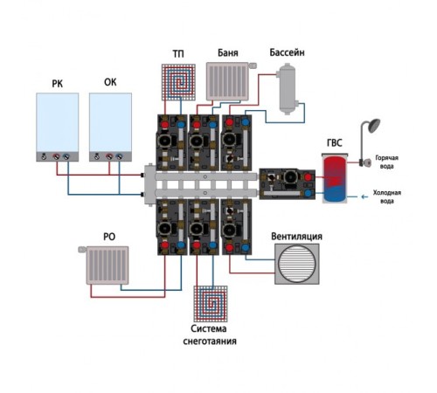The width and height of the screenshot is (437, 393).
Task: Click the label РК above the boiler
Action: coord(57,84)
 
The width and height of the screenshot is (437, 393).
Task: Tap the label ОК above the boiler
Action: coord(110,82)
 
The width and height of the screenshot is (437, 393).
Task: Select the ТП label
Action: coord(178,54)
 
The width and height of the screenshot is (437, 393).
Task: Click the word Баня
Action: coord(228,52)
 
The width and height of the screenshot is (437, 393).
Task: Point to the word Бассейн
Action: coord(287,52)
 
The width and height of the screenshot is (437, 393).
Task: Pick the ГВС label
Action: coord(334,143)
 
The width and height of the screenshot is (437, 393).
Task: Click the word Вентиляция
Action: coord(296,237)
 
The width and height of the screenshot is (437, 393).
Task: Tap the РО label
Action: coord(109,237)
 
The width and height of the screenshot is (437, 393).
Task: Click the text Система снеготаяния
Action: coord(210,334)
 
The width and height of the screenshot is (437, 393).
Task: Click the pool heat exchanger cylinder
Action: coord(288,89)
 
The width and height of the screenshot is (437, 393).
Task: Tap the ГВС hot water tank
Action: coord(335,178)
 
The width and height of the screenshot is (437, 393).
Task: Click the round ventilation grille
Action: coord(297,264)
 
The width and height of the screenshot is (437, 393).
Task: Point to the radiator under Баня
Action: coord(227,81)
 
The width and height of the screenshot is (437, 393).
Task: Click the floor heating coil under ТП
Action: coord(178,82)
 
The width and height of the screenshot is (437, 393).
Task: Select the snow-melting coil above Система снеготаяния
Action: coord(211,304)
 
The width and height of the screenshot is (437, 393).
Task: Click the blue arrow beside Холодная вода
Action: coord(364,196)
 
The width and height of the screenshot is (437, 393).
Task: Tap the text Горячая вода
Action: coord(386,162)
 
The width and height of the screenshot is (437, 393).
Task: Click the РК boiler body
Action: coord(58,128)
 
